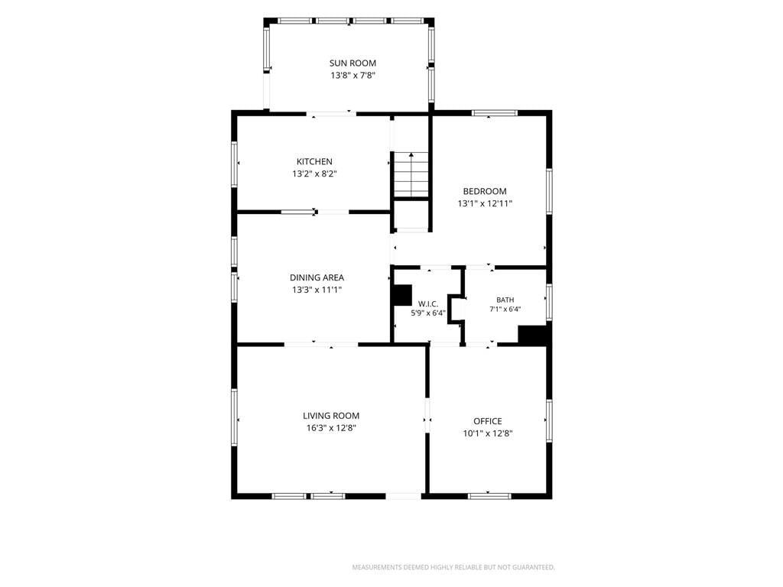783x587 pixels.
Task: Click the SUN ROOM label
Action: tap(353, 63)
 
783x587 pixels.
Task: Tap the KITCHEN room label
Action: tap(314, 162)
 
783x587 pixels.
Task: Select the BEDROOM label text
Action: tap(485, 191)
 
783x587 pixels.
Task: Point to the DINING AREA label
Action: tap(317, 277)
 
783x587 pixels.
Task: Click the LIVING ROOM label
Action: tap(331, 416)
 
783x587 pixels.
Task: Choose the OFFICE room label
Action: tap(488, 421)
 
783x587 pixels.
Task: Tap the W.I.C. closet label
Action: tap(428, 304)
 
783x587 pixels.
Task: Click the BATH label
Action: tap(505, 300)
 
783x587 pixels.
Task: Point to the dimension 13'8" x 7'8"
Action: tap(353, 76)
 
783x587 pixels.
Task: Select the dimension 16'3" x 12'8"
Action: tap(331, 428)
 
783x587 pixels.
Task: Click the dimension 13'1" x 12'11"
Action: tap(485, 203)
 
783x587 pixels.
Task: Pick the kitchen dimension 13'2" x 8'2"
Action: tap(314, 174)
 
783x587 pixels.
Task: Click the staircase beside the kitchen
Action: tap(411, 175)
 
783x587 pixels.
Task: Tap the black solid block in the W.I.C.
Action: tap(401, 295)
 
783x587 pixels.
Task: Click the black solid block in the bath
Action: tap(533, 335)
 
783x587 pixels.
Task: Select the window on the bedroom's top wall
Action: tap(495, 113)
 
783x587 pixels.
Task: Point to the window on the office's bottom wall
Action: tap(489, 496)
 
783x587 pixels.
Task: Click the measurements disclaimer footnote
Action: tap(453, 568)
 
